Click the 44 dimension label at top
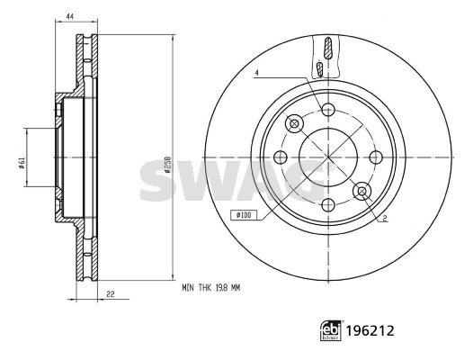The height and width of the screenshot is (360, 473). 70,17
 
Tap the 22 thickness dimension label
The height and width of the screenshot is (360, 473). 111,294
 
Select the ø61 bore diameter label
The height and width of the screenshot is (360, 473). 21,164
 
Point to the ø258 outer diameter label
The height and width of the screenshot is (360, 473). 167,165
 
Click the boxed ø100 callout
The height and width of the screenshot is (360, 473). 244,215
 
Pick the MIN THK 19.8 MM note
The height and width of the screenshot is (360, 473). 210,288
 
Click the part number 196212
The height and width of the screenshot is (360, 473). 370,330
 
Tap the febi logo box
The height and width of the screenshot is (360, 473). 331,330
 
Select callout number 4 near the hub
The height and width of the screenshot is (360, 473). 256,73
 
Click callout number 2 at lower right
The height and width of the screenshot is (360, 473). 385,218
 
